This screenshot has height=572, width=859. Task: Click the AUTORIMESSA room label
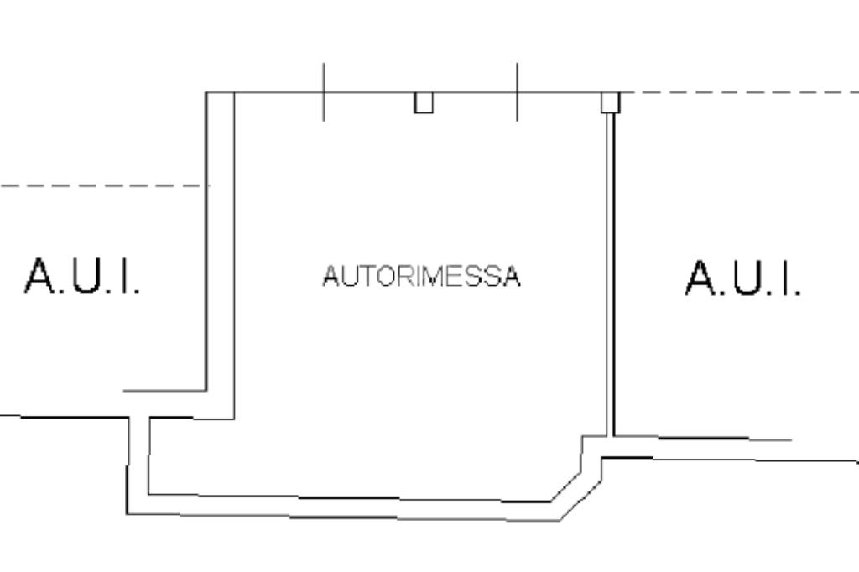pos(421,276)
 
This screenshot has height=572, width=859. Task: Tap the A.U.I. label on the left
pos(82,276)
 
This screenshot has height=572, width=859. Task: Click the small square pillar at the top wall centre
pos(424,102)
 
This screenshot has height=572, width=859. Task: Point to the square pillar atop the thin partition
pos(610,102)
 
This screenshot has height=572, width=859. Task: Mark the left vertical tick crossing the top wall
pos(324,91)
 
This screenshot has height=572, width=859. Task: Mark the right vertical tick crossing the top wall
pos(517,91)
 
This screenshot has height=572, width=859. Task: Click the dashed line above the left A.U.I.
pos(101,185)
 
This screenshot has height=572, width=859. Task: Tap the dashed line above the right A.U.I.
pos(738,92)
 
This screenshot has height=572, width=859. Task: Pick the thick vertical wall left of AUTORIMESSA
pos(220,252)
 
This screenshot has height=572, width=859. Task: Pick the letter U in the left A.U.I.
pos(86,276)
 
